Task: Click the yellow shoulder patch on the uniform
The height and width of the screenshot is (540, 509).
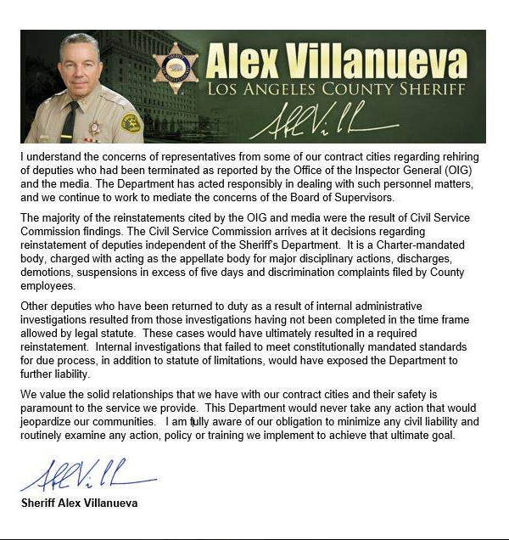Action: coord(130,123)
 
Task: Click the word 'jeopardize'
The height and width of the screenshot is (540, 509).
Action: coord(48,422)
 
